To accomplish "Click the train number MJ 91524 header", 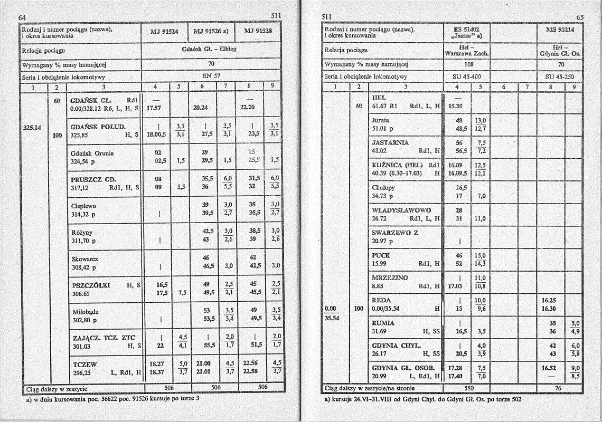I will coord(164,31).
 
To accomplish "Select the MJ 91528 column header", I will coord(258,31).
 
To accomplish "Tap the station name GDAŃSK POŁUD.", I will coord(97,127).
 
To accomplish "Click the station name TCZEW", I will coord(82,364).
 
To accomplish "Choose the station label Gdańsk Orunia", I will coord(92,153).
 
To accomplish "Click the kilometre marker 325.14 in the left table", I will coord(33,127).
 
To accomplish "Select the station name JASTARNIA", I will coord(391,142).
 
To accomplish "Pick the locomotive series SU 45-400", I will coord(467,76).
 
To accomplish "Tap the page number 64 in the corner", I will coord(22,17).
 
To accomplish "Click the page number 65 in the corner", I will coord(580,17).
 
